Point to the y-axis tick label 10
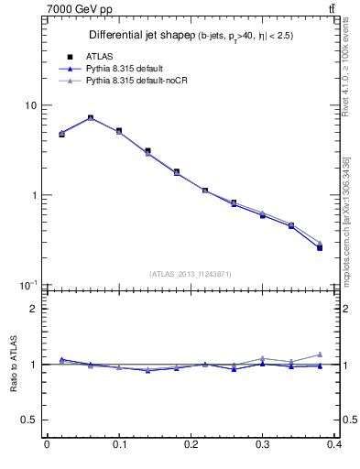[31, 105]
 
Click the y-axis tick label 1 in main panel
[34, 195]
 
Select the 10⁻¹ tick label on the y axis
[29, 285]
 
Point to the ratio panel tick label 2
[34, 309]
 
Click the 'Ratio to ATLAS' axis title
[13, 364]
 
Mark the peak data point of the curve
[90, 117]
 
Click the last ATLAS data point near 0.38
[320, 247]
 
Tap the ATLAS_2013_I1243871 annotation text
[191, 274]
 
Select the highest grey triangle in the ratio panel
[320, 354]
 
